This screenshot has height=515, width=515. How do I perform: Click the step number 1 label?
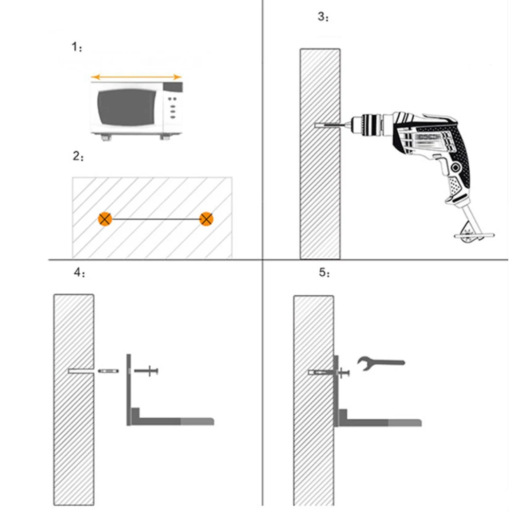pyautogui.click(x=77, y=47)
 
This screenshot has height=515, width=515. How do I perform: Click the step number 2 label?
pyautogui.click(x=78, y=156)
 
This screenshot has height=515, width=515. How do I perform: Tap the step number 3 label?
pyautogui.click(x=323, y=16)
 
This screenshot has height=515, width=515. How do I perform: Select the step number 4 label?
pyautogui.click(x=79, y=272)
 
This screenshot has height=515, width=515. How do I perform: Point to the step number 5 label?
pyautogui.click(x=324, y=272)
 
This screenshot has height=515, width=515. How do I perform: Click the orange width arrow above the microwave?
pyautogui.click(x=136, y=77)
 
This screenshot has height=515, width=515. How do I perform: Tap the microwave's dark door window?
pyautogui.click(x=127, y=107)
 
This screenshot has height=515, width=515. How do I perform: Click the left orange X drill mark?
pyautogui.click(x=105, y=219)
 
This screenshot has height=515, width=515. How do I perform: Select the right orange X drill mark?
pyautogui.click(x=206, y=219)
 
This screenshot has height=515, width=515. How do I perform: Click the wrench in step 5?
pyautogui.click(x=381, y=363)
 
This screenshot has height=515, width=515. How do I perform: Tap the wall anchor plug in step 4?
pyautogui.click(x=109, y=371)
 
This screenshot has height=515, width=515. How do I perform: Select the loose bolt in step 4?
pyautogui.click(x=147, y=371)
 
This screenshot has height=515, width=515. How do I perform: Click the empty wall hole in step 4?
pyautogui.click(x=81, y=371)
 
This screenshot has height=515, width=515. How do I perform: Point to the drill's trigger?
pyautogui.click(x=442, y=166)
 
